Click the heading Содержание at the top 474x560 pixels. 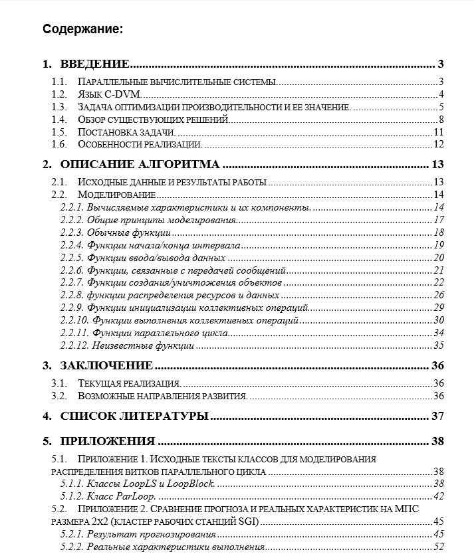[x=82, y=29]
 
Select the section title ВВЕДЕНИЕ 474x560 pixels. [x=94, y=64]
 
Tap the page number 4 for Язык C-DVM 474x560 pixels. [x=440, y=94]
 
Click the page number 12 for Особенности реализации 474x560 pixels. [x=437, y=144]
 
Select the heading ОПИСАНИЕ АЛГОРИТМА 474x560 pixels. [x=140, y=165]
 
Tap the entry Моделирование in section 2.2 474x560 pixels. [x=117, y=195]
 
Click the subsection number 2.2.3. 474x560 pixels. [x=70, y=233]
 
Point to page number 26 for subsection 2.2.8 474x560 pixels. [x=437, y=295]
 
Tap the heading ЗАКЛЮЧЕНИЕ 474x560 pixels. [x=106, y=365]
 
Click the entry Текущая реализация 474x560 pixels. [x=129, y=383]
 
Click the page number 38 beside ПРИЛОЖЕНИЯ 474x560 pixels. [x=437, y=441]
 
